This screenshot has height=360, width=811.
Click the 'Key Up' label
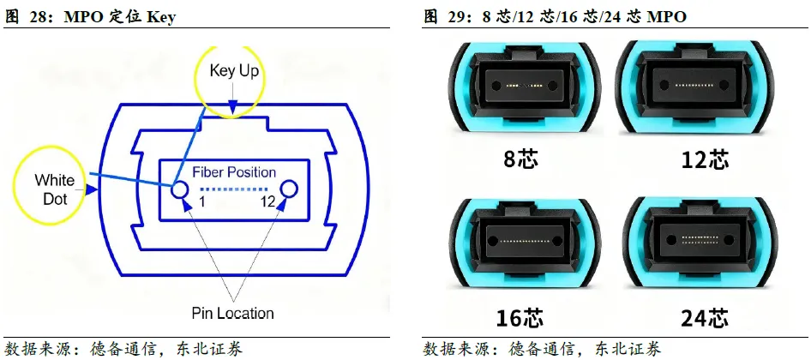[234, 71]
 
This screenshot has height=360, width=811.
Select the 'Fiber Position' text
[234, 172]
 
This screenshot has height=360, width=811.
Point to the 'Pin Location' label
[233, 313]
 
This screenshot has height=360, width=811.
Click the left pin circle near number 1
[181, 189]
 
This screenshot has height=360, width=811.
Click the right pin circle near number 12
[288, 189]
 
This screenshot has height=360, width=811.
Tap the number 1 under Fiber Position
[202, 202]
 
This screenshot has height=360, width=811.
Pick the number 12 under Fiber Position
[268, 202]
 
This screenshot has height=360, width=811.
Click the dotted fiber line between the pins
[234, 189]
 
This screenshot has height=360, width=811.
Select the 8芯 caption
[520, 159]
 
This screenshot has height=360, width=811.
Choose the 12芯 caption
[705, 159]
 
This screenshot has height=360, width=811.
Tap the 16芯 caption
[520, 318]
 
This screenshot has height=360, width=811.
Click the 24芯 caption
[705, 318]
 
